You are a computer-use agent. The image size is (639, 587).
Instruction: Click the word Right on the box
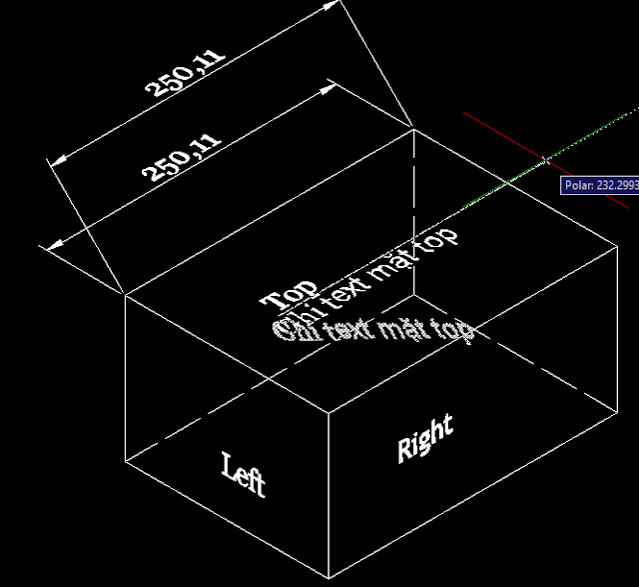pos(425,437)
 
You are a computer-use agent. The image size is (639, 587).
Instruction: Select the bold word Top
pos(290,294)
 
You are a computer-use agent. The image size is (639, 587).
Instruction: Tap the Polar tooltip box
pos(600,185)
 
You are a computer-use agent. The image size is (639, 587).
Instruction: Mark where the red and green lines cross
pos(546,158)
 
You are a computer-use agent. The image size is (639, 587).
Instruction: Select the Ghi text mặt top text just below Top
pos(374,330)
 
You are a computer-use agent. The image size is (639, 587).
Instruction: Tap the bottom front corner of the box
pos(329,579)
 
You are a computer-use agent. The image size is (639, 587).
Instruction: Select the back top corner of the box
pos(413,128)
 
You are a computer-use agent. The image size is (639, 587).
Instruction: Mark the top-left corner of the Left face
pos(124,294)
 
